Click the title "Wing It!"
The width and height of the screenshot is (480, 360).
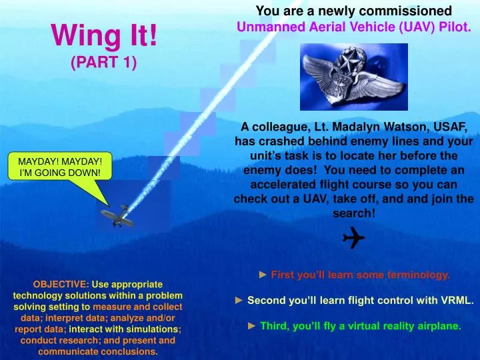(105, 35)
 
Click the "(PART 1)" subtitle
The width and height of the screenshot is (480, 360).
(104, 63)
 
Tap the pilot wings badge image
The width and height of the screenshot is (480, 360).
(353, 76)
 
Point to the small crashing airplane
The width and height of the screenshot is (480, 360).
(116, 216)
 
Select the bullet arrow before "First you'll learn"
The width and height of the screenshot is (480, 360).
(263, 275)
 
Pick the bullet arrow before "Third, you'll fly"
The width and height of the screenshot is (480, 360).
(252, 327)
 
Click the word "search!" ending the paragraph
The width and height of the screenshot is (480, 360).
(354, 213)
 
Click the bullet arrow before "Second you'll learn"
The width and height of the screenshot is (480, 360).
(239, 301)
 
